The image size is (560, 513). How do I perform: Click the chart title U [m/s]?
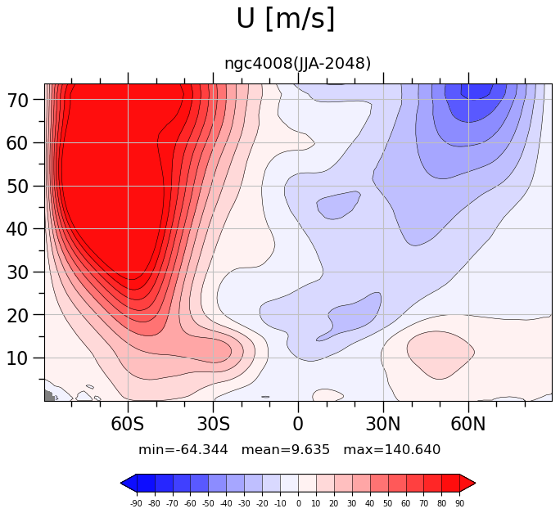286,20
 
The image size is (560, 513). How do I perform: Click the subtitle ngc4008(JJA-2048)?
297,64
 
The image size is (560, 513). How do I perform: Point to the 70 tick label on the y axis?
17,101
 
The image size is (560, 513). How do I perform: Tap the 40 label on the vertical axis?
17,229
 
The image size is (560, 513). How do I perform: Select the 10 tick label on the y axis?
17,358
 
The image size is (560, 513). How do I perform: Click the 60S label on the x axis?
128,424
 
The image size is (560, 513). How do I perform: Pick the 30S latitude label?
213,424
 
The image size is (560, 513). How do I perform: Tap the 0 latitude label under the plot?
298,424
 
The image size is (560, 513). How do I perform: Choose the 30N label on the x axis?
383,424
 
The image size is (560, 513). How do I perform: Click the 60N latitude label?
468,424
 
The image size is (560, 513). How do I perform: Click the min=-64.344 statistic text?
183,450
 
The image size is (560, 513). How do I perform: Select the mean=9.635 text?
286,450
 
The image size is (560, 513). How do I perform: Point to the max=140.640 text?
392,450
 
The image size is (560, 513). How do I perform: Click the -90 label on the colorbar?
136,504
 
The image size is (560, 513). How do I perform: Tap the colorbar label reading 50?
388,504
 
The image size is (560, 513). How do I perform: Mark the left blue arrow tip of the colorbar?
121,484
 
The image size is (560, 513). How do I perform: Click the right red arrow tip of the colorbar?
476,484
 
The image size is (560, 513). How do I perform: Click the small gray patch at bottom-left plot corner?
50,395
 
